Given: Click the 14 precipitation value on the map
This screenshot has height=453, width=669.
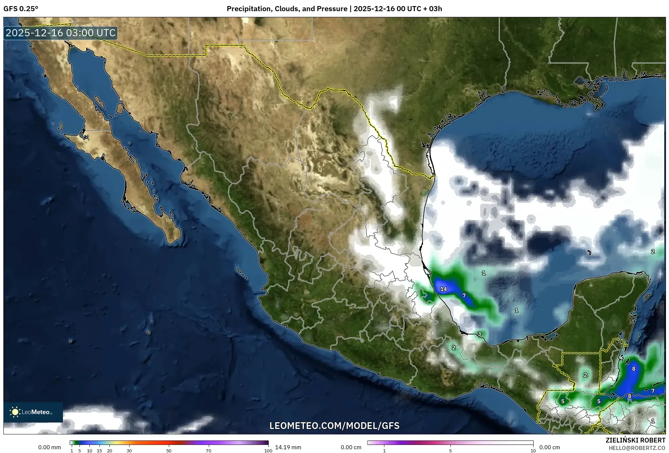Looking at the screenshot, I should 443,289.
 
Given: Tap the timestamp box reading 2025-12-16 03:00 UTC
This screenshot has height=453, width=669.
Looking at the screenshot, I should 61,33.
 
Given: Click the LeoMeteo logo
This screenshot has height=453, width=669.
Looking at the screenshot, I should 33,412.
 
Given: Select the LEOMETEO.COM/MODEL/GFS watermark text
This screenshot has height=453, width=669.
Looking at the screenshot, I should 334,426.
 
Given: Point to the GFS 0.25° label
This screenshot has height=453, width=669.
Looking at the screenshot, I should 21,9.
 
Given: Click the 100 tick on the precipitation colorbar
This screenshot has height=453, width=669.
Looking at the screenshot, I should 268,450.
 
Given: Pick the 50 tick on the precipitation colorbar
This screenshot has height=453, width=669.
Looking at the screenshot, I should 169,450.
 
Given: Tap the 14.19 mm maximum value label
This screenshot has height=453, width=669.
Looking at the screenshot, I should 288,447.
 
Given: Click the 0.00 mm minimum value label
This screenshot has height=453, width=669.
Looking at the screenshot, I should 50,447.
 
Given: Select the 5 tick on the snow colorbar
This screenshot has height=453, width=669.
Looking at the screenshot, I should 450,450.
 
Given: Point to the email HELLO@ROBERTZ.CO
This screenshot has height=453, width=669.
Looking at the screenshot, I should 637,448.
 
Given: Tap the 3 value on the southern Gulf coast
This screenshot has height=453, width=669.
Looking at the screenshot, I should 480,334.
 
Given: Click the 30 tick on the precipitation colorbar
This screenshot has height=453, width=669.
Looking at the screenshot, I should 129,450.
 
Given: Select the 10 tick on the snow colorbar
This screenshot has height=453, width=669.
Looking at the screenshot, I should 533,450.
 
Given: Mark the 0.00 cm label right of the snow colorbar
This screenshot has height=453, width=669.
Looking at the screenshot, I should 550,447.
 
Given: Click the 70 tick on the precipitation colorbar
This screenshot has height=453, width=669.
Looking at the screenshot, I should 208,450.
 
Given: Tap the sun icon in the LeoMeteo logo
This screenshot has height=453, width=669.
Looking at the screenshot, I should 15,412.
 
